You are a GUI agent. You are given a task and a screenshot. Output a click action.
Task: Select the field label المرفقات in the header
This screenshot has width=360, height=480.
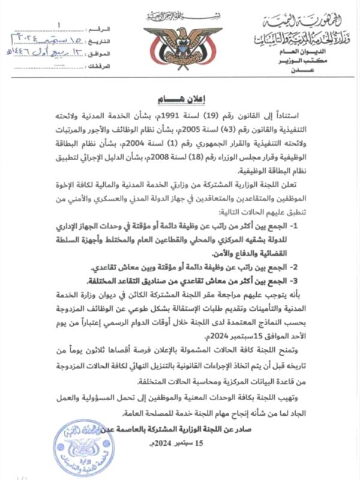click(x=95, y=66)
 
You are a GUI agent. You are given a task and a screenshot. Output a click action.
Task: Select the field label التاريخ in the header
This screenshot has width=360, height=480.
click(x=98, y=40)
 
